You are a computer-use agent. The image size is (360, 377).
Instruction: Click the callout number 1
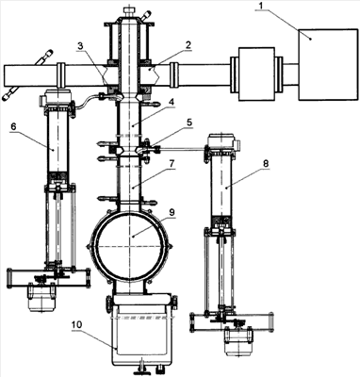tap(260, 6)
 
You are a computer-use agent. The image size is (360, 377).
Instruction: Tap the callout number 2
tap(188, 44)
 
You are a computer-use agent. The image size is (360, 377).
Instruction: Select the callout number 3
tap(81, 45)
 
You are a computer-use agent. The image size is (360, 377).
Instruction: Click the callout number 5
tap(189, 123)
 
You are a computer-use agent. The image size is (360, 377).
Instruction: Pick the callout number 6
tap(13, 127)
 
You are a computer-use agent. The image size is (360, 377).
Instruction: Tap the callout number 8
tap(267, 164)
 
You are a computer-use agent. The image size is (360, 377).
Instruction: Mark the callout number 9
tap(172, 212)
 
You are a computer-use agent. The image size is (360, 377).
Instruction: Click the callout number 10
tap(76, 324)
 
